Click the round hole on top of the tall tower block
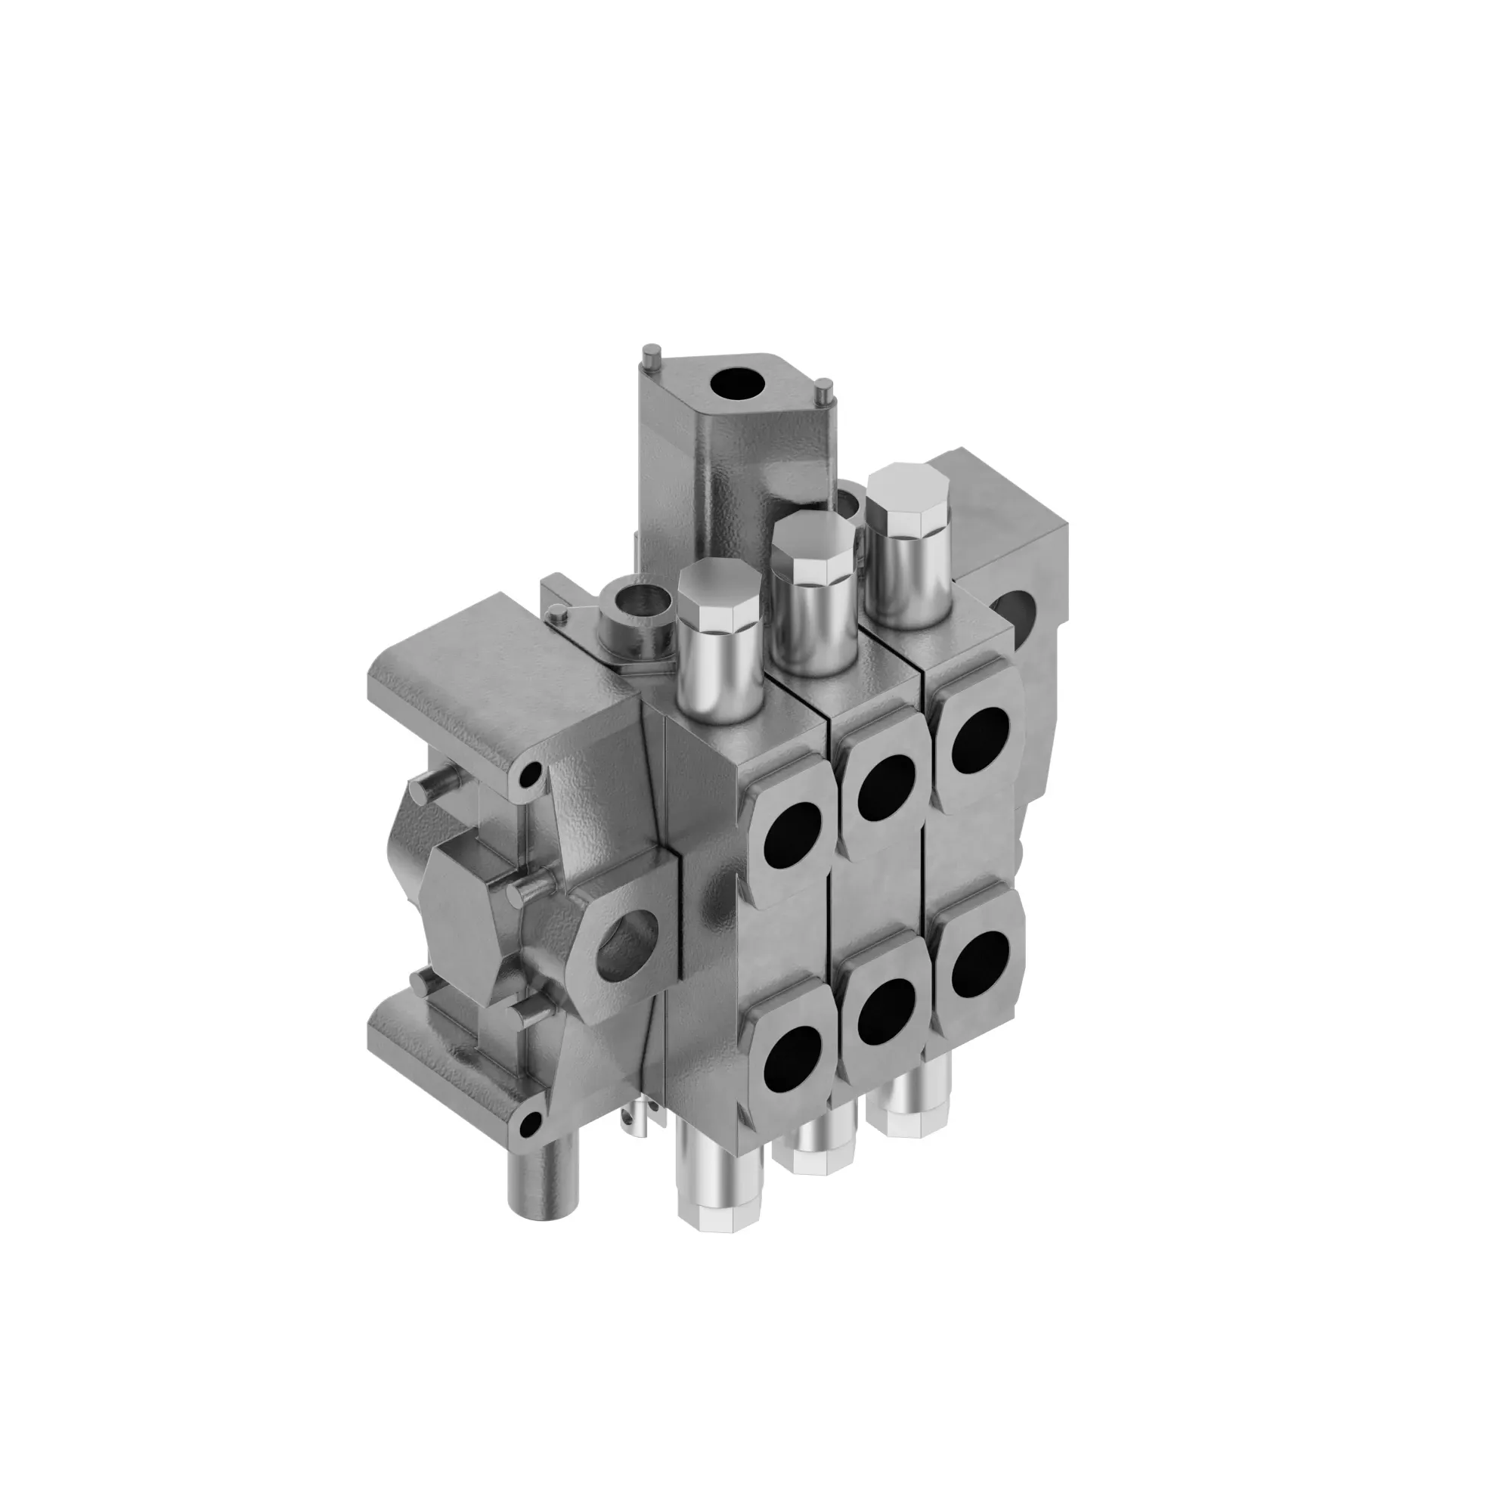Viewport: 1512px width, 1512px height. coord(737,385)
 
